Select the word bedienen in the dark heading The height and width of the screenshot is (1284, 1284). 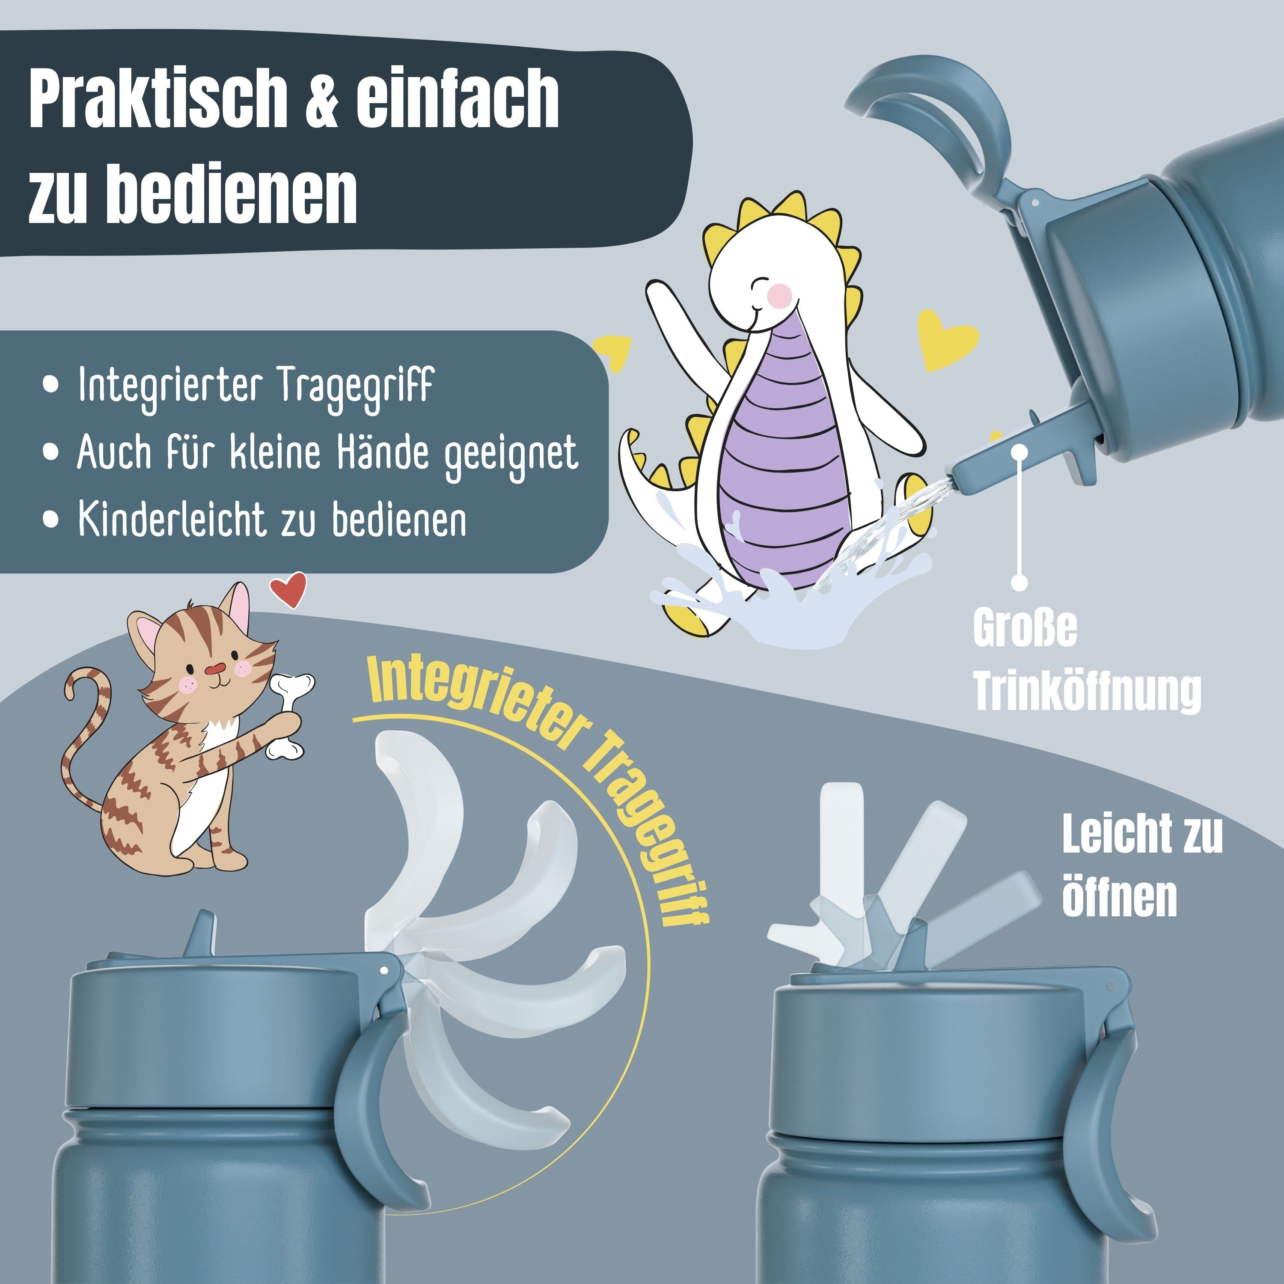point(232,193)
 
